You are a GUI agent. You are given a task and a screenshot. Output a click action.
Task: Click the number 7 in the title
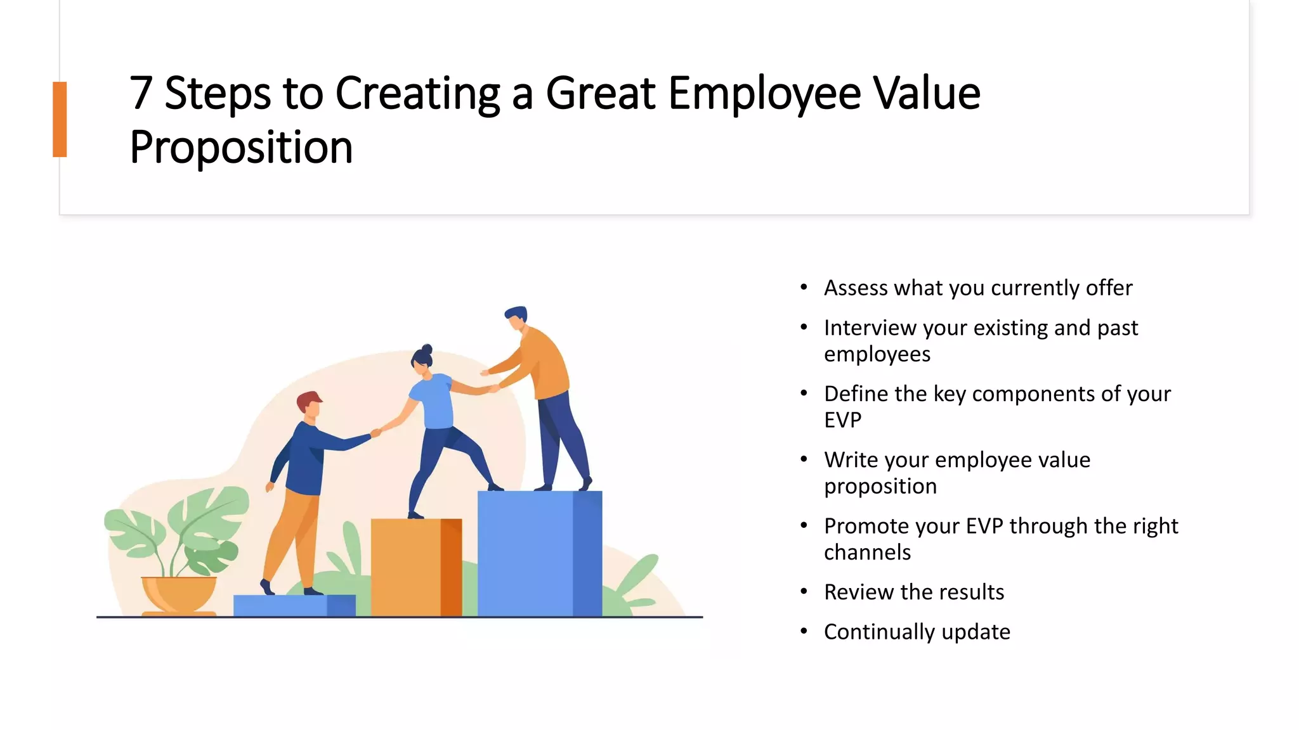[141, 94]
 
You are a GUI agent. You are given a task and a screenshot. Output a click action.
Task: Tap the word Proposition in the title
[241, 148]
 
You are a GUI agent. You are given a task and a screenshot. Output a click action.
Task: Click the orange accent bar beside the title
[60, 119]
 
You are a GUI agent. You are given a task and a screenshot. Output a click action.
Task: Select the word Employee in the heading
[764, 94]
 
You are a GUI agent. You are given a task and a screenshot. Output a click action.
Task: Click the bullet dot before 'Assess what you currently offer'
[804, 288]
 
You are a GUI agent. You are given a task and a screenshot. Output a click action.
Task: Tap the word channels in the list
[867, 553]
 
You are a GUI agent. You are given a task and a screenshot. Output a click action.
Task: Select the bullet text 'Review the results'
[913, 592]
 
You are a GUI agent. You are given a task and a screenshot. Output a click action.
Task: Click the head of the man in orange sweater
[517, 317]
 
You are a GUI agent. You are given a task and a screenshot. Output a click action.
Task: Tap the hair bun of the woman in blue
[428, 349]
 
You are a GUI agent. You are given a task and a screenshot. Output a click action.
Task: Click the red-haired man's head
[310, 404]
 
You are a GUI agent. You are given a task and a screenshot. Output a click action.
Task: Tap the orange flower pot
[179, 594]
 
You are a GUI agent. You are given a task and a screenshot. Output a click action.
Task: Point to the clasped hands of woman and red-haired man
[375, 433]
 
